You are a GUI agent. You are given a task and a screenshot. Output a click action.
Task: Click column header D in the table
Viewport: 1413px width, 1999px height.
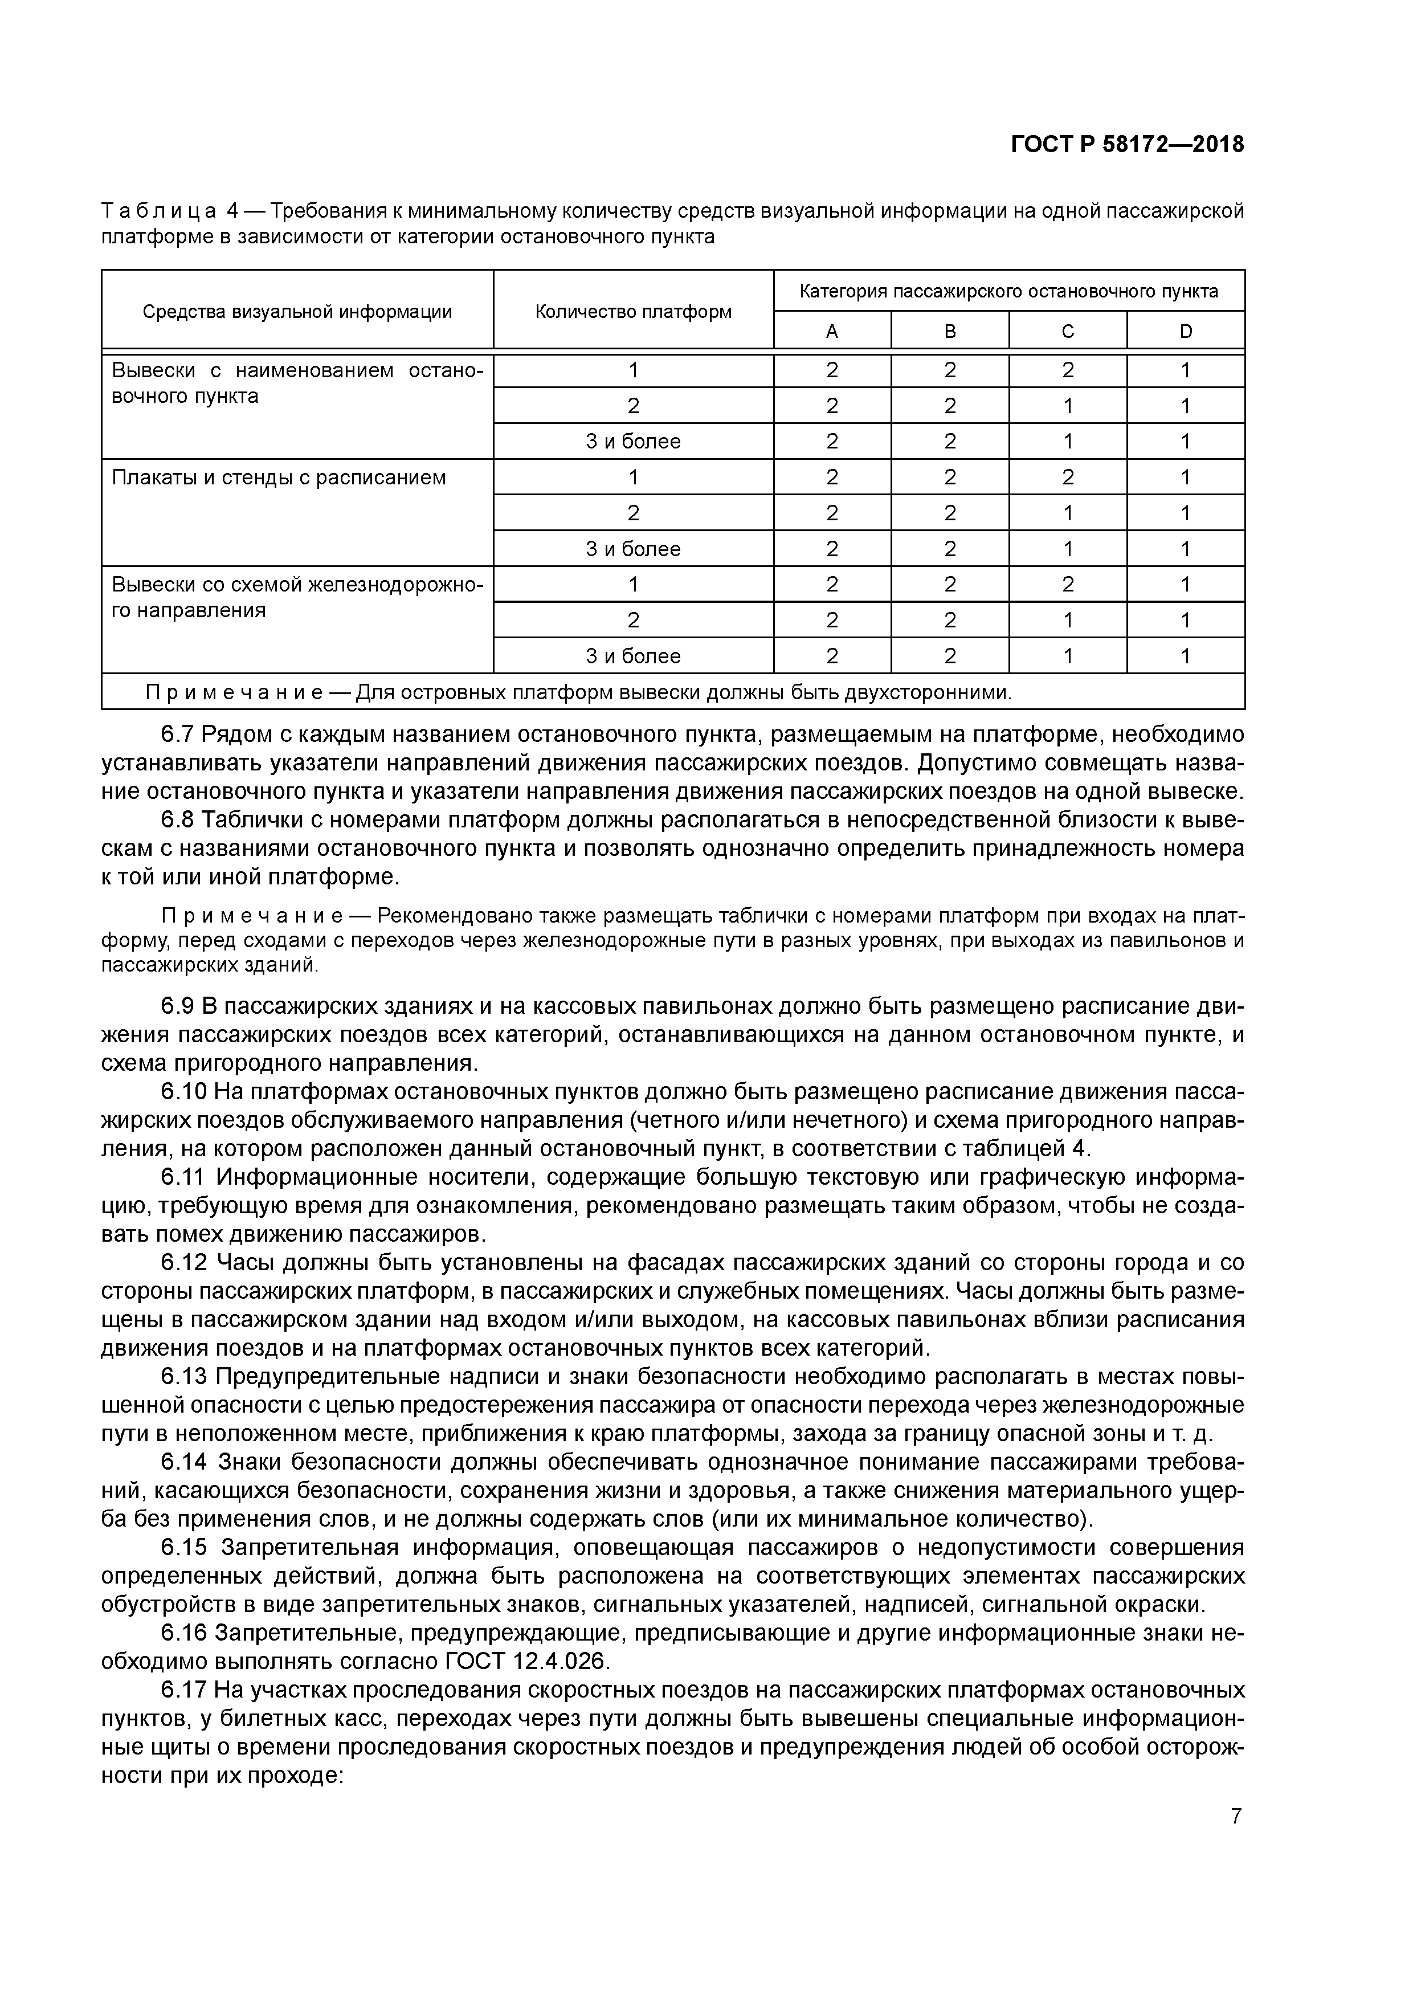(x=1185, y=331)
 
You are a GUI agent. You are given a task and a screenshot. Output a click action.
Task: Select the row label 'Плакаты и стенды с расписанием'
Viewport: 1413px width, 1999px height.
(x=279, y=477)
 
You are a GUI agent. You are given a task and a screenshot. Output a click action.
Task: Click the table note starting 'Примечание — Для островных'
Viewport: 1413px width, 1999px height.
(x=578, y=693)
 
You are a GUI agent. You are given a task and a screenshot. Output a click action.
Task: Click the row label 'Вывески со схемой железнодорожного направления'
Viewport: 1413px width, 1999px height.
(x=296, y=597)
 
